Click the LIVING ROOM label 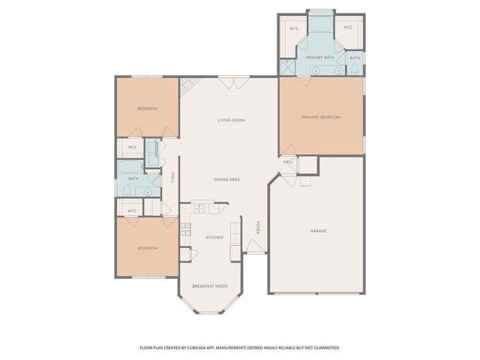[x=231, y=120]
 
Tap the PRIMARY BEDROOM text [x=321, y=117]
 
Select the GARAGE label [x=318, y=231]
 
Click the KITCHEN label [x=214, y=237]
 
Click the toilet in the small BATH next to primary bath [x=354, y=70]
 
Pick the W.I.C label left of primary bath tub [x=293, y=28]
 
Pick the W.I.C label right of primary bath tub [x=348, y=28]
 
